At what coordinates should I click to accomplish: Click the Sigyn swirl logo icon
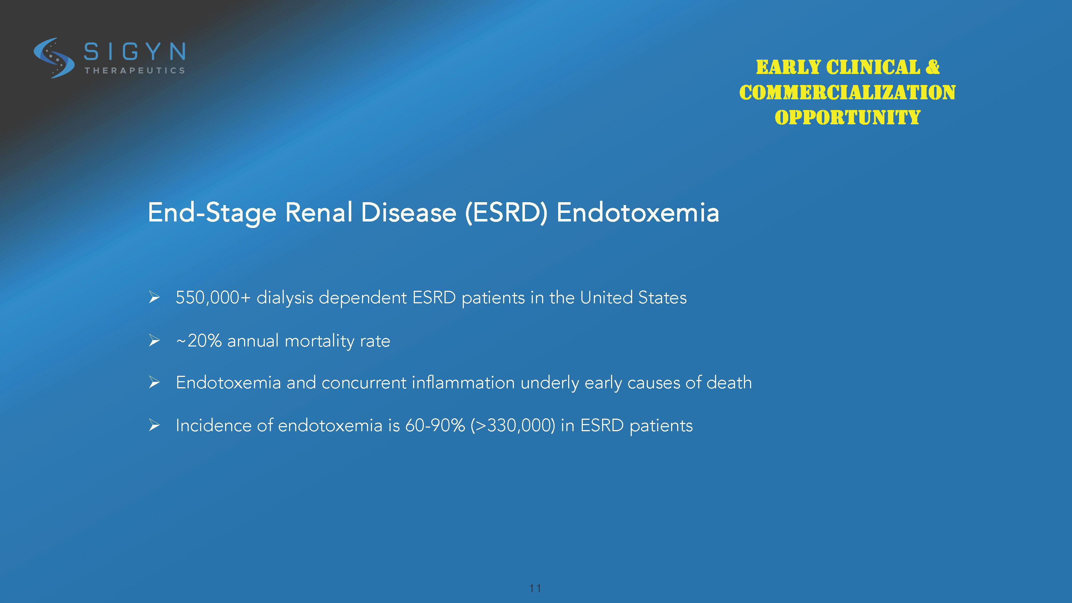pyautogui.click(x=54, y=58)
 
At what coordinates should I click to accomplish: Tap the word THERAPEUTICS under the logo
pyautogui.click(x=135, y=71)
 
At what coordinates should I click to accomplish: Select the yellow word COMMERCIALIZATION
pyautogui.click(x=847, y=93)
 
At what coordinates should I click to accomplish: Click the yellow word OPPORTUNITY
pyautogui.click(x=847, y=118)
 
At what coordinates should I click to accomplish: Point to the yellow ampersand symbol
pyautogui.click(x=933, y=67)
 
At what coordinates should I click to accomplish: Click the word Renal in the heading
pyautogui.click(x=319, y=212)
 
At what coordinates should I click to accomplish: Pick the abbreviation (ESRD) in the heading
pyautogui.click(x=506, y=213)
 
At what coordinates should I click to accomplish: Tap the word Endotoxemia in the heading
pyautogui.click(x=637, y=212)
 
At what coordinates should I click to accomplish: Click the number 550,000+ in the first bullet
pyautogui.click(x=213, y=298)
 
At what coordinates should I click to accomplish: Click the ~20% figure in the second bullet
pyautogui.click(x=199, y=341)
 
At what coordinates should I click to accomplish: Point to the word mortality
pyautogui.click(x=319, y=341)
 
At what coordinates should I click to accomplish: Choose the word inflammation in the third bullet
pyautogui.click(x=463, y=383)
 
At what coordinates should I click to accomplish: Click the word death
pyautogui.click(x=729, y=383)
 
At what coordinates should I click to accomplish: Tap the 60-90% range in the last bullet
pyautogui.click(x=435, y=425)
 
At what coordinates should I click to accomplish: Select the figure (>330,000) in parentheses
pyautogui.click(x=513, y=425)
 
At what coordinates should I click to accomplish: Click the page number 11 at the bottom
pyautogui.click(x=535, y=588)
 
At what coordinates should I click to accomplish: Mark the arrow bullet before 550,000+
pyautogui.click(x=154, y=297)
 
